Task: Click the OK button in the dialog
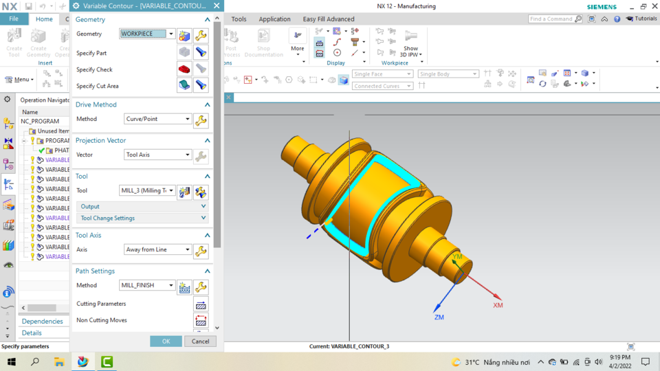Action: (166, 341)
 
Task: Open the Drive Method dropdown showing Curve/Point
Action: (158, 119)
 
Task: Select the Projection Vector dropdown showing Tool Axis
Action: (158, 155)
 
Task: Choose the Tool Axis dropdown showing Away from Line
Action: (158, 249)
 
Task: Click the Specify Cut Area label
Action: (98, 86)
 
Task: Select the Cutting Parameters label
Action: (101, 304)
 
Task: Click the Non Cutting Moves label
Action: (102, 320)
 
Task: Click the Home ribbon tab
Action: (44, 19)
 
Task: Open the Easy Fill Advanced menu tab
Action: (329, 19)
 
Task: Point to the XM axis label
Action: (498, 304)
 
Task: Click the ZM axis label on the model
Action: (439, 317)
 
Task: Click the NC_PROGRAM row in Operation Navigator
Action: (41, 121)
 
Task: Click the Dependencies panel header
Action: (43, 321)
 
